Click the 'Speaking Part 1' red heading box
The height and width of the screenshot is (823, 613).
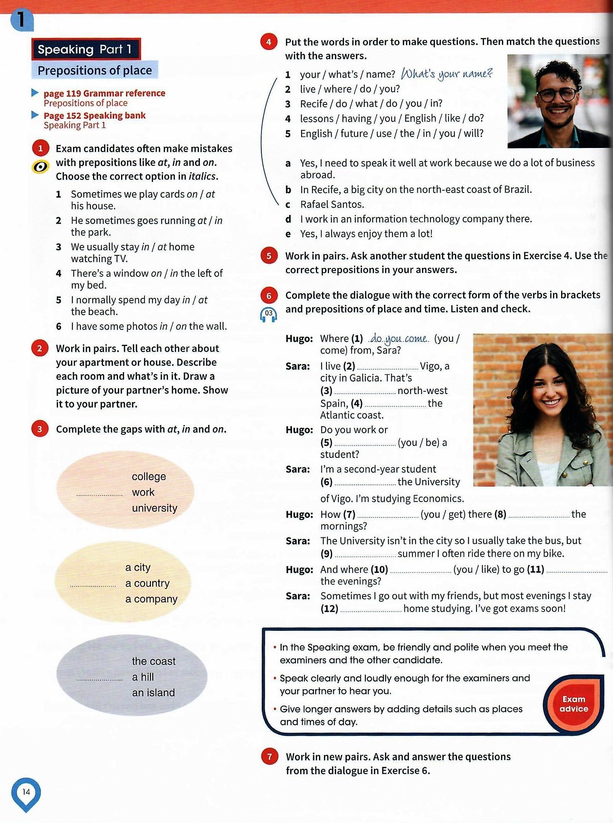point(86,49)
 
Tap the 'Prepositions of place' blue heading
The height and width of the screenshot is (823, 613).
point(95,70)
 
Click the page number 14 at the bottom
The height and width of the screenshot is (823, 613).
point(26,792)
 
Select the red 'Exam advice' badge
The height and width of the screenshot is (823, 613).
point(573,704)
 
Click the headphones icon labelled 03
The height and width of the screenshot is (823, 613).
point(269,314)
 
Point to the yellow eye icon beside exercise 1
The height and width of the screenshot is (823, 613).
point(40,166)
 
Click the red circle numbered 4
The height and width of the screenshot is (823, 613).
point(269,42)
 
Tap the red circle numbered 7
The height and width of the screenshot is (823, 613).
point(269,756)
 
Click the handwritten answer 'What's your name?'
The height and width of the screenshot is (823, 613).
point(447,73)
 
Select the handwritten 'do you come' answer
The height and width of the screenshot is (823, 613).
point(399,339)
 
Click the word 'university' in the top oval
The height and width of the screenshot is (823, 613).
point(154,508)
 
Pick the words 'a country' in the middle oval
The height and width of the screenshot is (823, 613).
point(147,583)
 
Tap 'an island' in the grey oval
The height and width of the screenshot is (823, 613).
point(153,692)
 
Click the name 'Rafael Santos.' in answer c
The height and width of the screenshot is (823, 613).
point(332,205)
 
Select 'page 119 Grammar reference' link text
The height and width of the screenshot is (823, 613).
point(105,93)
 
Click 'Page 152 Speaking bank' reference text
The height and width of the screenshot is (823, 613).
point(95,115)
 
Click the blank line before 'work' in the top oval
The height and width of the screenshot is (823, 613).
point(100,494)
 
